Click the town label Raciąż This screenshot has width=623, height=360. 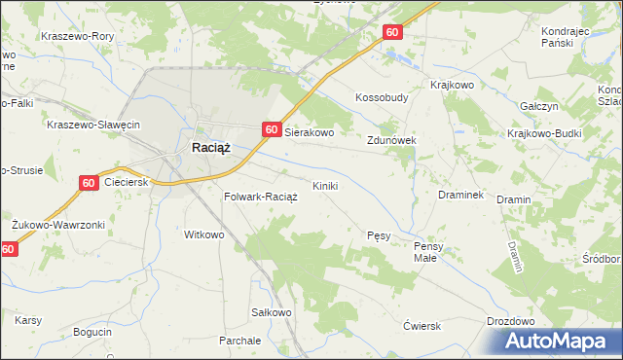pyautogui.click(x=209, y=148)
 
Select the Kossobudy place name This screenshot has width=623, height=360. pyautogui.click(x=382, y=97)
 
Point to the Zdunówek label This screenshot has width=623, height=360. pyautogui.click(x=391, y=140)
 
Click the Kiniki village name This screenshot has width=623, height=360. pyautogui.click(x=325, y=185)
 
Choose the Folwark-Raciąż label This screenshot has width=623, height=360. pyautogui.click(x=260, y=196)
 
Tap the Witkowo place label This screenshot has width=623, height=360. pyautogui.click(x=204, y=234)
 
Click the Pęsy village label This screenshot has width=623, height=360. pyautogui.click(x=380, y=235)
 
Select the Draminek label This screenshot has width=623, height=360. pyautogui.click(x=460, y=195)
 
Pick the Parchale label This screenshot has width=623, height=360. pyautogui.click(x=239, y=341)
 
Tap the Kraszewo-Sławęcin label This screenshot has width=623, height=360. pyautogui.click(x=94, y=125)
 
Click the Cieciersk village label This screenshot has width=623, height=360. pyautogui.click(x=125, y=182)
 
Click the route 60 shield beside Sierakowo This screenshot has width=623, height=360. pyautogui.click(x=272, y=129)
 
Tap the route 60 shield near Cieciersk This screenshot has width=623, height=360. pyautogui.click(x=88, y=182)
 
